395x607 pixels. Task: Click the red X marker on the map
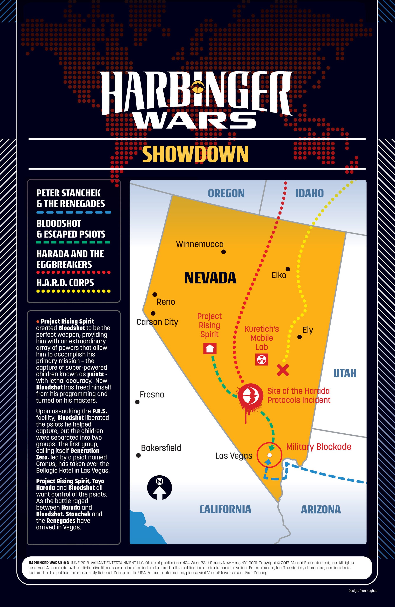(283, 370)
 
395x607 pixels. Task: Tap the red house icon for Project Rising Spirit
(210, 348)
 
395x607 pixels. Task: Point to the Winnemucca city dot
(224, 252)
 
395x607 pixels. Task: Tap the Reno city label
(166, 302)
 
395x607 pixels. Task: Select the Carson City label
(157, 322)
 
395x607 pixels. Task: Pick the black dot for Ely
(300, 337)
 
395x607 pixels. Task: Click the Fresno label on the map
(152, 395)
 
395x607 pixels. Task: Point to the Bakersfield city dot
(138, 455)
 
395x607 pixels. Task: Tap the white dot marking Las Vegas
(269, 455)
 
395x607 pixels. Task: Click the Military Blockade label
(318, 447)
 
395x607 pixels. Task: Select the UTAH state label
(345, 373)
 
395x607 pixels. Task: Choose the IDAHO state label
(309, 193)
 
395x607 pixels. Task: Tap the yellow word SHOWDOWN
(195, 154)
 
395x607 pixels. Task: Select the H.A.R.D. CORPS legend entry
(65, 283)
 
